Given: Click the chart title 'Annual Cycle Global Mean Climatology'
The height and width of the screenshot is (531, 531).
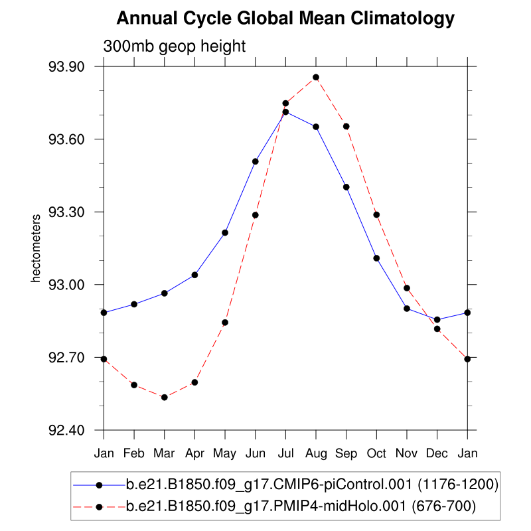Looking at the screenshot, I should point(285,19).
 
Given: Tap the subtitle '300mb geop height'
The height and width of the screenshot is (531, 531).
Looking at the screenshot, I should point(175,47).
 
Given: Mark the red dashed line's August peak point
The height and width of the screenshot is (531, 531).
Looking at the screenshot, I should point(316,78).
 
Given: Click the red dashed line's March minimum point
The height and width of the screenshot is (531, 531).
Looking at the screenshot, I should point(165,397).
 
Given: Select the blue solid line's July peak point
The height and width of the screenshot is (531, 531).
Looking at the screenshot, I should point(285,112).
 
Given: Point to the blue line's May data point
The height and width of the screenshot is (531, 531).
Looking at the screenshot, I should point(225,232).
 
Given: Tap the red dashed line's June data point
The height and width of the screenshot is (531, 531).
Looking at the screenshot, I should point(256,215).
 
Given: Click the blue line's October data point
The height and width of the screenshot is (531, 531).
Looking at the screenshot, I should point(376,258).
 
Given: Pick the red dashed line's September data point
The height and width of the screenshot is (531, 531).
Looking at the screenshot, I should point(346,126).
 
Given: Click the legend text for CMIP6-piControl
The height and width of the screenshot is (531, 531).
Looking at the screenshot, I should point(312,485).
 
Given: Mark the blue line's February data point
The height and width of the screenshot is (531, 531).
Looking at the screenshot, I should point(134,304).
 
